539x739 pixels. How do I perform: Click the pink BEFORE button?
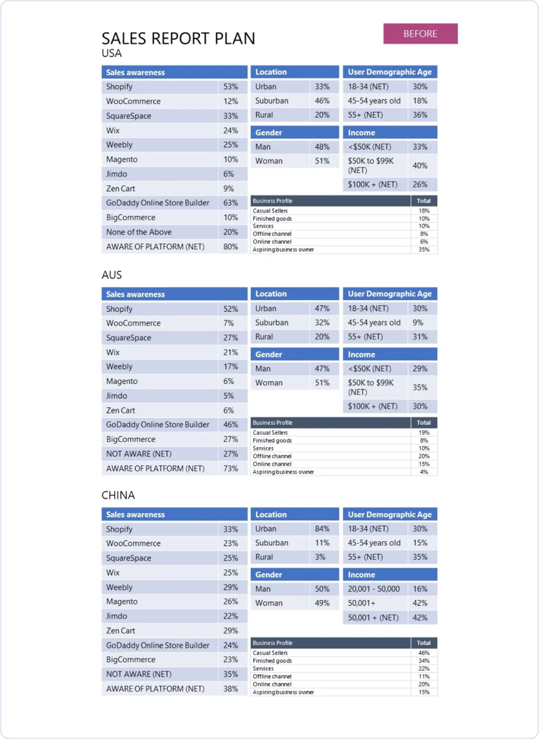click(420, 33)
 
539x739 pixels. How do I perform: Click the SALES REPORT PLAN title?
click(178, 38)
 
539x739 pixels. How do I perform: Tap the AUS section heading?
click(112, 275)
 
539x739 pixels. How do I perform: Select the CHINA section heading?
click(118, 495)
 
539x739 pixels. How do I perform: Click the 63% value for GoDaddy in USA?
click(231, 203)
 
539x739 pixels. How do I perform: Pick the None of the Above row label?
click(139, 232)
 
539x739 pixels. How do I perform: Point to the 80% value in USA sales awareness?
click(231, 247)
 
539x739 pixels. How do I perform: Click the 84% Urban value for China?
click(322, 529)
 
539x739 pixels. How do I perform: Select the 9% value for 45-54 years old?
click(418, 323)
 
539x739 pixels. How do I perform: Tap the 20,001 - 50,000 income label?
click(374, 589)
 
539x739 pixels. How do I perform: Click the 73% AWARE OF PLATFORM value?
click(231, 468)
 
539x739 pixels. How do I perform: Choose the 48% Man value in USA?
click(322, 147)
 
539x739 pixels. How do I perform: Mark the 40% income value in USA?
click(420, 166)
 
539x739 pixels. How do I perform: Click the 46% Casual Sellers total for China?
click(424, 653)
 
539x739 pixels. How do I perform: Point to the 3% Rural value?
click(320, 557)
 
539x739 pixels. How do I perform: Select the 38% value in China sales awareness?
click(231, 689)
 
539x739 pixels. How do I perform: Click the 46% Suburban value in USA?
click(322, 100)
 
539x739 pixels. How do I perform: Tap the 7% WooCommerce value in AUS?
click(229, 323)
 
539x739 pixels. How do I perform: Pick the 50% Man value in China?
click(322, 589)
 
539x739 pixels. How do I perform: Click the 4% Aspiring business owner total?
click(424, 472)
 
